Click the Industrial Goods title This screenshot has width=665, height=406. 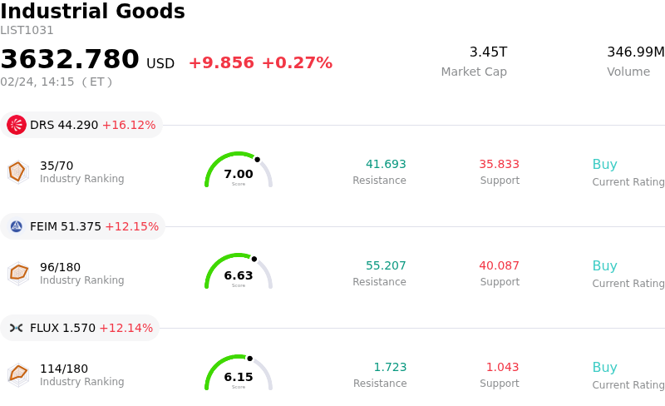point(92,12)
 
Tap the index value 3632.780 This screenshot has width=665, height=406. point(70,60)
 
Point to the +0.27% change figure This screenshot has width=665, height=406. point(297,63)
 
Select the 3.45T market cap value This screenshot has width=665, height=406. point(488,52)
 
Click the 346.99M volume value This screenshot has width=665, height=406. point(635,52)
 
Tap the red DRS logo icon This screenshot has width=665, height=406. point(17,125)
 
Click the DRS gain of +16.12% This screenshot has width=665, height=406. point(129,126)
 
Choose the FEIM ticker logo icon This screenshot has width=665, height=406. point(17,226)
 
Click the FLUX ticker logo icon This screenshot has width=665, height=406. point(17,328)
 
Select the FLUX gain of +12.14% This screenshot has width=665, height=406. point(126,328)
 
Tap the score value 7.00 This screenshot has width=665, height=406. point(239,174)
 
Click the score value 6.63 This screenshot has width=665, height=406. point(239,275)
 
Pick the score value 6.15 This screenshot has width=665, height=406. point(239,377)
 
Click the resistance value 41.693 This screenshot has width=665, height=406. point(386,164)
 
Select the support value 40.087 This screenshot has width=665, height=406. point(499,265)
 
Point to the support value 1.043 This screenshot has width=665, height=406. point(502,367)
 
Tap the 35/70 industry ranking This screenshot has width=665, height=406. point(57,166)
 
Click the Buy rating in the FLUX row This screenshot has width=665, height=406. point(604,367)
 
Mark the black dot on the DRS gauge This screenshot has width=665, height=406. point(257,159)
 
